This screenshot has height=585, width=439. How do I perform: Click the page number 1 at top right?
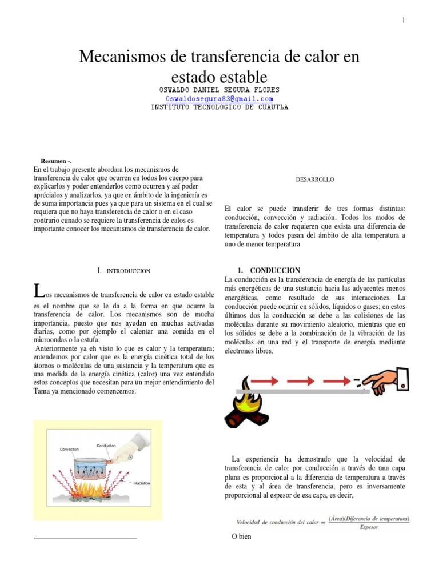(x=403, y=21)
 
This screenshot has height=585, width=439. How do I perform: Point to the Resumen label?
(x=57, y=161)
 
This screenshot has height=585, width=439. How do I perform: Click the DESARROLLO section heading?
(x=315, y=179)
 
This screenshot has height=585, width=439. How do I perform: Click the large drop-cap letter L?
(x=38, y=291)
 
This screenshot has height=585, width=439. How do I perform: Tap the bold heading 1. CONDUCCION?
(x=268, y=270)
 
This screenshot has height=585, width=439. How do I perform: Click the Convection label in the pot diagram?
(x=70, y=450)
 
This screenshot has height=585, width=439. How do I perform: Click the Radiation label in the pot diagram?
(x=142, y=483)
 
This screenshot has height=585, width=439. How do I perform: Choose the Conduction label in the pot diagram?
(x=106, y=446)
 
